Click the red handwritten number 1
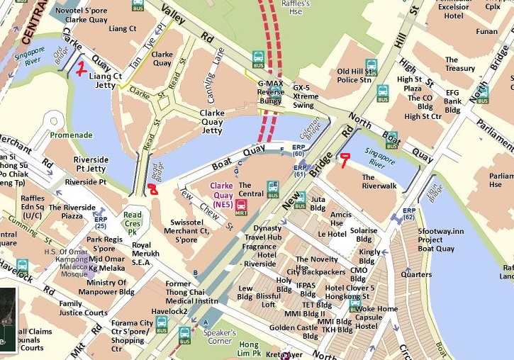[x=82, y=69]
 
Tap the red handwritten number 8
[x=152, y=188]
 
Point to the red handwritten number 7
[x=345, y=161]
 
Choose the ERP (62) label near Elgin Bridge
[x=409, y=214]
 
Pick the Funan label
[x=486, y=32]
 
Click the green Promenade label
[x=72, y=135]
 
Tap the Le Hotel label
[x=332, y=234]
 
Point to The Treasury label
[x=460, y=64]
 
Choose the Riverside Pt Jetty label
[x=91, y=165]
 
